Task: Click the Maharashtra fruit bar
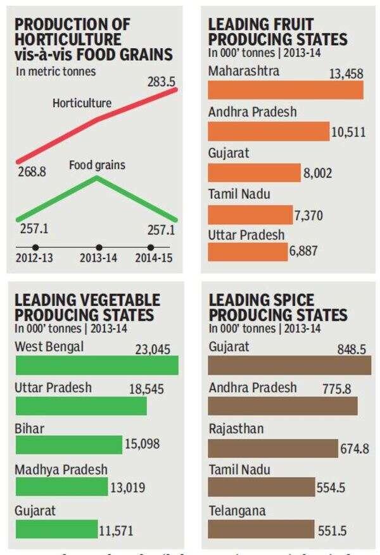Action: pos(286,90)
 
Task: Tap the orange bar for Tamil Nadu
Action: pos(250,214)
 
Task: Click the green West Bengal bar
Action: pos(96,365)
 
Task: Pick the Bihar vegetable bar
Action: pos(68,445)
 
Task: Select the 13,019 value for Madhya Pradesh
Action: pos(128,487)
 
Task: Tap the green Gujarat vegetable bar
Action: pos(56,528)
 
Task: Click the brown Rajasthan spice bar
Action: pos(273,448)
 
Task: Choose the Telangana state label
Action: pos(237,511)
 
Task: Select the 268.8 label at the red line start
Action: pos(30,171)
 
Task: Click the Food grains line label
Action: pos(97,165)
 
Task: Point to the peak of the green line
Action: pos(97,177)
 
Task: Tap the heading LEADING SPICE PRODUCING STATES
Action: pos(278,307)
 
